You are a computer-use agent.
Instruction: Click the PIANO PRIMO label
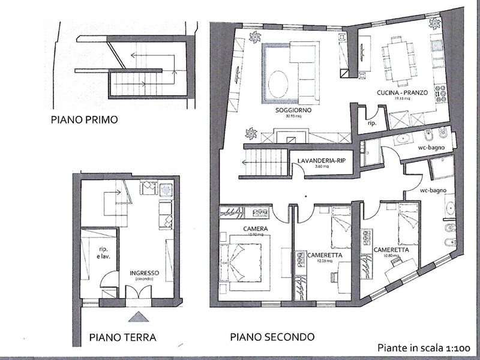tap(83, 119)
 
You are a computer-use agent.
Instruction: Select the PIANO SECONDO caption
tap(272, 337)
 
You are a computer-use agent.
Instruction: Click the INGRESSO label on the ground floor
tap(143, 272)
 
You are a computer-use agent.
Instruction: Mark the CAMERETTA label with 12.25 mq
tap(325, 254)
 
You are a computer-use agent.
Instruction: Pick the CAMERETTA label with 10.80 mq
tap(391, 250)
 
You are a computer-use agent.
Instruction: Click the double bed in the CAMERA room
tap(244, 259)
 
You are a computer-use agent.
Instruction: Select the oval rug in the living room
tap(280, 84)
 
